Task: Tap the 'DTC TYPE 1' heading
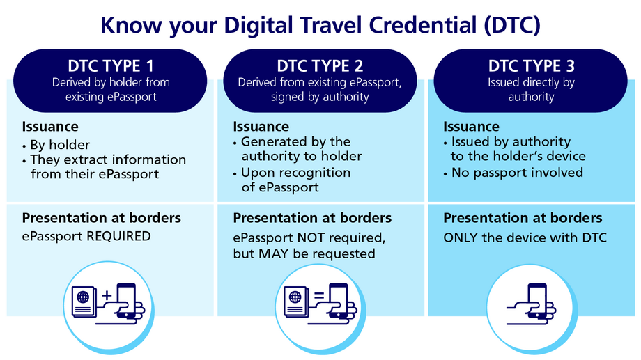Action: [x=111, y=66]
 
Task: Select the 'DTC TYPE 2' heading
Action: [x=320, y=66]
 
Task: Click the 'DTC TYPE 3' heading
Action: [x=530, y=66]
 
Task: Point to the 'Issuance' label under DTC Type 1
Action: [x=50, y=127]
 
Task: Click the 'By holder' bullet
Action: [x=60, y=145]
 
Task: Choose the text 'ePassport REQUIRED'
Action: [x=86, y=236]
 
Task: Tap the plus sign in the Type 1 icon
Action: [x=107, y=296]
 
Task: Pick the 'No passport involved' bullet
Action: [x=517, y=172]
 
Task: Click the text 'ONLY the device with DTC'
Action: [x=525, y=237]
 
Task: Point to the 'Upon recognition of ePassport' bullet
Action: [x=295, y=180]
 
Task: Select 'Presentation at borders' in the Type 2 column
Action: [x=312, y=218]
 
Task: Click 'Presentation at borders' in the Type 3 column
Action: [x=523, y=218]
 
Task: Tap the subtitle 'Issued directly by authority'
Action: [x=530, y=90]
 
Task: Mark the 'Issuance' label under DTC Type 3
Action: [x=471, y=127]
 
